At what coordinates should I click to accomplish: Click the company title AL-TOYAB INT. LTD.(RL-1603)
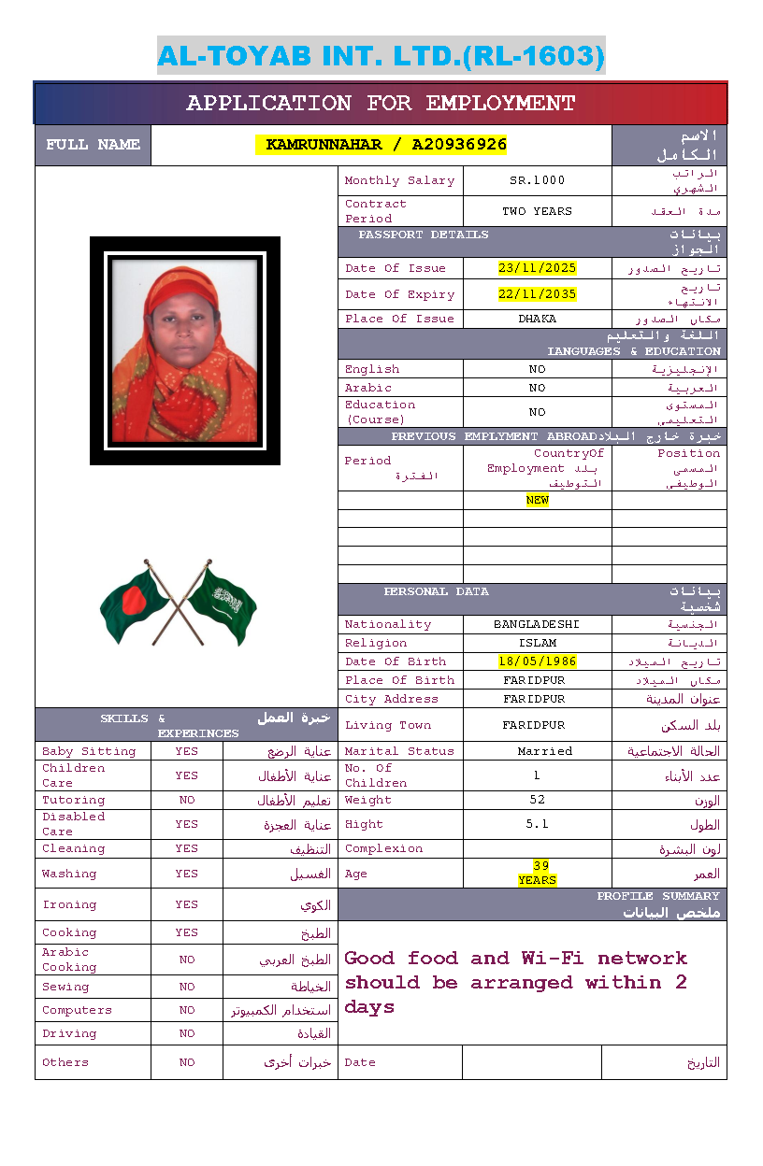(x=381, y=56)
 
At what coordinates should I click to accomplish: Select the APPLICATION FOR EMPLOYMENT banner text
(x=381, y=104)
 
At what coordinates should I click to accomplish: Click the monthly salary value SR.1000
(x=537, y=180)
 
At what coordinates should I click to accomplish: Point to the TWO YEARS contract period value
(x=537, y=211)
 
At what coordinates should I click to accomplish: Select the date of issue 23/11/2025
(x=537, y=268)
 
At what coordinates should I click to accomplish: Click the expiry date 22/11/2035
(x=537, y=294)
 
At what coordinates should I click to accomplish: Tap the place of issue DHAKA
(x=537, y=319)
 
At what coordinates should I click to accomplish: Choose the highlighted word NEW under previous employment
(x=537, y=500)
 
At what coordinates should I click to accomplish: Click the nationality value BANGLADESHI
(x=537, y=624)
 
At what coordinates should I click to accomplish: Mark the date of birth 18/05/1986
(x=537, y=661)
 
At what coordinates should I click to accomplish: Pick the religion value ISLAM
(x=537, y=643)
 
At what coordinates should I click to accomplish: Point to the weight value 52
(x=537, y=800)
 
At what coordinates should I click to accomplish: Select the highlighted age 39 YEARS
(x=538, y=873)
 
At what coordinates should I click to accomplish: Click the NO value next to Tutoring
(x=187, y=800)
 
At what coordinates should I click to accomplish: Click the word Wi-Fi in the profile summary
(x=554, y=959)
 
